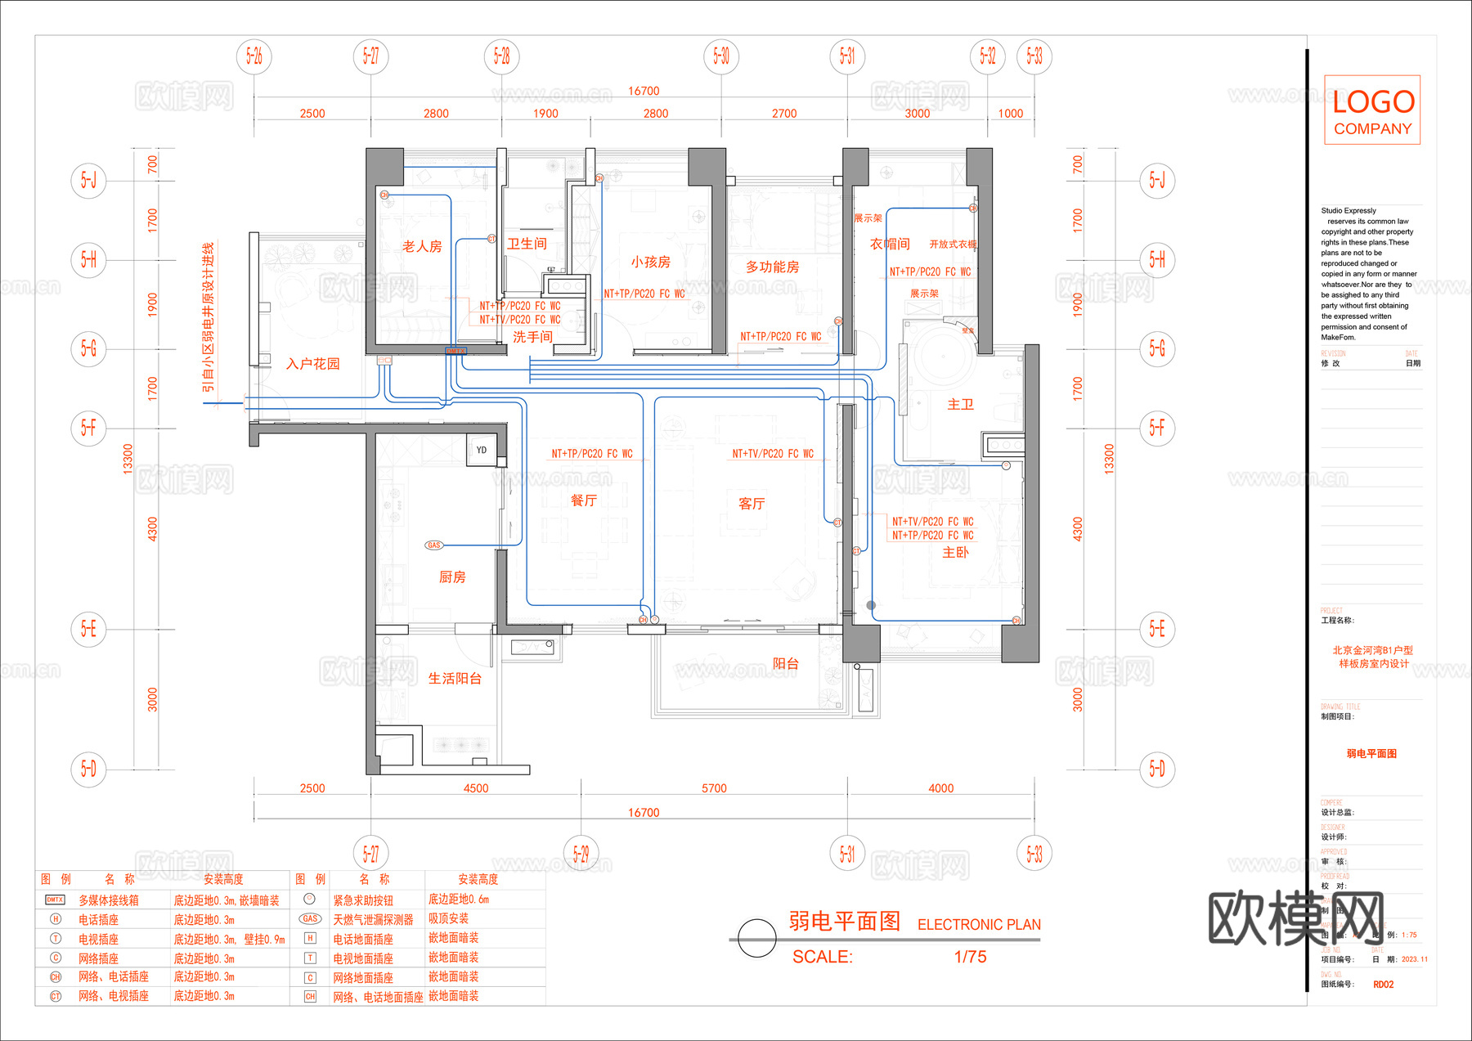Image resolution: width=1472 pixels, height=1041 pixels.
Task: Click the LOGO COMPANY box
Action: click(1372, 110)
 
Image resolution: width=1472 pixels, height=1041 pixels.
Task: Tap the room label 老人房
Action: click(422, 246)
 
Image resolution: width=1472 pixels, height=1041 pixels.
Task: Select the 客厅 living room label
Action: click(752, 504)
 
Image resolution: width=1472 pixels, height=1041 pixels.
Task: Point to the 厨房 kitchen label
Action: click(452, 577)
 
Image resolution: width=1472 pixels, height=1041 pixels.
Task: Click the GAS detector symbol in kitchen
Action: click(433, 545)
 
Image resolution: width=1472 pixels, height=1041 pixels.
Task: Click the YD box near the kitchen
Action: click(482, 451)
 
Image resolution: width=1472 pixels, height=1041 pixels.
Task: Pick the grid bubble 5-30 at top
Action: click(721, 56)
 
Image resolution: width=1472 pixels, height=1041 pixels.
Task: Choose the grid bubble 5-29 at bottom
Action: click(581, 854)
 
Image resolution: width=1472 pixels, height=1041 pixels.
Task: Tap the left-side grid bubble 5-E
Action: click(88, 629)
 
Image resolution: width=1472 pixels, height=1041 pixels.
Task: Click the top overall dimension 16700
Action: click(644, 91)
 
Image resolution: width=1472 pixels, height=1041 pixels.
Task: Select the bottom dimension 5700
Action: click(714, 788)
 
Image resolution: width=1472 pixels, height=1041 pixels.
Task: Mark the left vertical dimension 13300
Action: click(128, 459)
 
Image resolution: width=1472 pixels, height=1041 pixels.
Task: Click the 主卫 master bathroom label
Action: click(960, 404)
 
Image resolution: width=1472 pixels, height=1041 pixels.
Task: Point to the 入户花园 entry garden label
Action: click(312, 364)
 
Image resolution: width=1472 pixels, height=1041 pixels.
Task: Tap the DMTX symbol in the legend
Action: click(55, 900)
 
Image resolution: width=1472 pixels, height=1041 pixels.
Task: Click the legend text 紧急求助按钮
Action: click(363, 900)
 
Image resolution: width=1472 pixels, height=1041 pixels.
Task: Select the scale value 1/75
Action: click(970, 957)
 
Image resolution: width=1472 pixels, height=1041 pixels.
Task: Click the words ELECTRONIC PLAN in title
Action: click(979, 925)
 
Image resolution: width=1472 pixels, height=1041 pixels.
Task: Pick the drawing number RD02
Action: click(1383, 985)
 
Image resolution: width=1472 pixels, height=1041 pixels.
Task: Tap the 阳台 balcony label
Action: click(785, 664)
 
